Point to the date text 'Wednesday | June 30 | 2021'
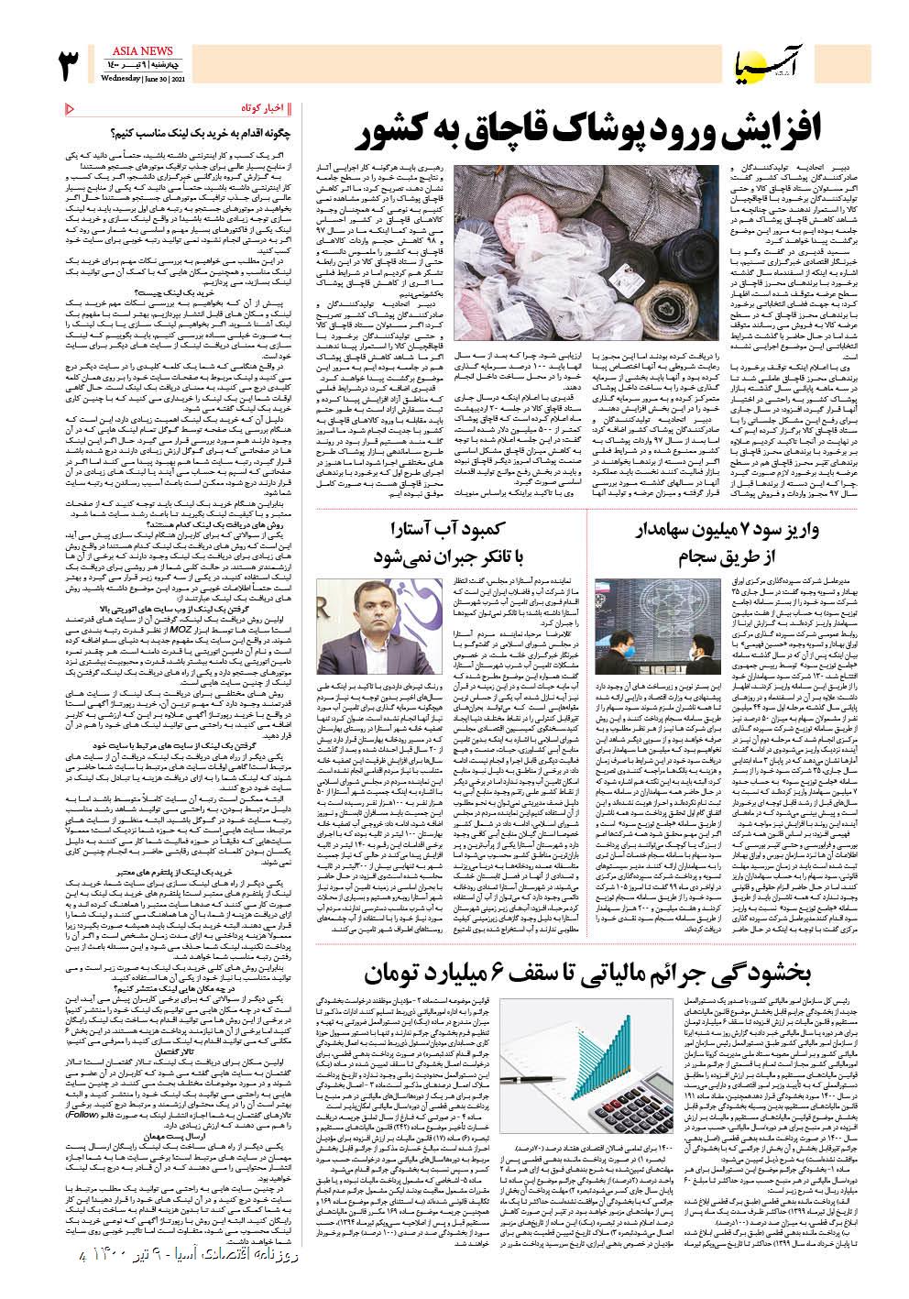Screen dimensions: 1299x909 point(137,77)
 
